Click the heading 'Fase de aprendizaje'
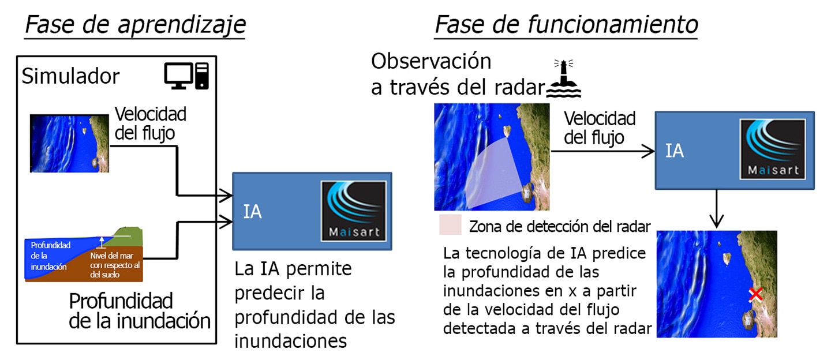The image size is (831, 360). [136, 25]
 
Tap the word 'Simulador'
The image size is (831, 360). [70, 76]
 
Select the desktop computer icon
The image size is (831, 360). [186, 76]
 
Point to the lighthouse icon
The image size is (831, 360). [564, 78]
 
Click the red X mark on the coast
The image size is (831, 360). [755, 295]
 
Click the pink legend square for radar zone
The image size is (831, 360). [450, 224]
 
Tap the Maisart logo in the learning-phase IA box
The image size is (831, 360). [354, 211]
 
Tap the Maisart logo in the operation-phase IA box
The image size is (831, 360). [773, 149]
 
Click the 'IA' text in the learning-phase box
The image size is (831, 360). [252, 212]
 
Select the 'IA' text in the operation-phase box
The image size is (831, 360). [675, 151]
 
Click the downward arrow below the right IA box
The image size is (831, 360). [716, 209]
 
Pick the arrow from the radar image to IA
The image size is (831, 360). [602, 151]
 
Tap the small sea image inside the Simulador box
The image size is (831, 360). [69, 144]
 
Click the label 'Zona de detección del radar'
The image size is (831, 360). [560, 226]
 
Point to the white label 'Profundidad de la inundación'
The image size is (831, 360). [50, 256]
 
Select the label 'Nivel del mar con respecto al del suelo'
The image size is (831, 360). [115, 265]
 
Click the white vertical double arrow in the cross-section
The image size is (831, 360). [102, 242]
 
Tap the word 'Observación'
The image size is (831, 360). [431, 61]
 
